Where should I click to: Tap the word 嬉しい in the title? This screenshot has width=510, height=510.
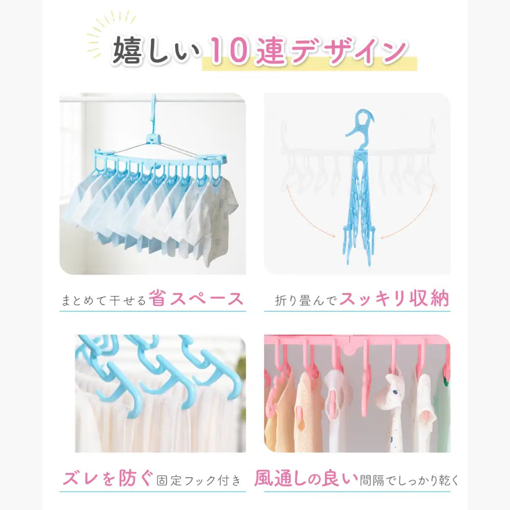(158, 52)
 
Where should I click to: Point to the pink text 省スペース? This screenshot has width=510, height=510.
(197, 298)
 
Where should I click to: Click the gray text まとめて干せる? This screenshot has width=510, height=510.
(105, 299)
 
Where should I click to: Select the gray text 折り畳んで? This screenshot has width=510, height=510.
(306, 300)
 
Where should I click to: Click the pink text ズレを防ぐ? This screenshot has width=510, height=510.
(107, 478)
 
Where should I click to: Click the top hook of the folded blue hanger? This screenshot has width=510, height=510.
(360, 122)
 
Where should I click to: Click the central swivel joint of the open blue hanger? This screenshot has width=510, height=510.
(154, 139)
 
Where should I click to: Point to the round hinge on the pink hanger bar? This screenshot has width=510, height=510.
(349, 349)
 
